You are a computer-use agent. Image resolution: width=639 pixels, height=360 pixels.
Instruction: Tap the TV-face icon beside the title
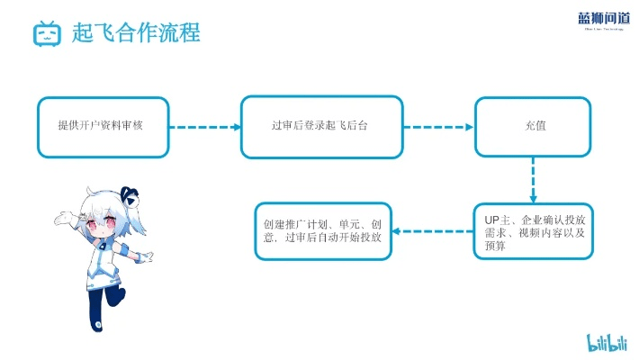46,34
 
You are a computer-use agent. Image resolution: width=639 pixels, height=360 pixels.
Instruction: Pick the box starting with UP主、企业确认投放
533,231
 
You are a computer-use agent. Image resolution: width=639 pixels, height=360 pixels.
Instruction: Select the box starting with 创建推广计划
322,231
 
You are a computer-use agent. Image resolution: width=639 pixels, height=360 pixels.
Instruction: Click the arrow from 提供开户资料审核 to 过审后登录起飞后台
205,127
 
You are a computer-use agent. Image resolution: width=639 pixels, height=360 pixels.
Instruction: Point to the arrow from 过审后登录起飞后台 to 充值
437,127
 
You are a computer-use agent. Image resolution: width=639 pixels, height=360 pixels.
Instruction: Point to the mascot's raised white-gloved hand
61,217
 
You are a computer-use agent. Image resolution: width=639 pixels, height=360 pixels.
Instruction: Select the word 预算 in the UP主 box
495,246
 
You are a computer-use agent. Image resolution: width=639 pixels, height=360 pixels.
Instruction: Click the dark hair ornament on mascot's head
128,193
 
